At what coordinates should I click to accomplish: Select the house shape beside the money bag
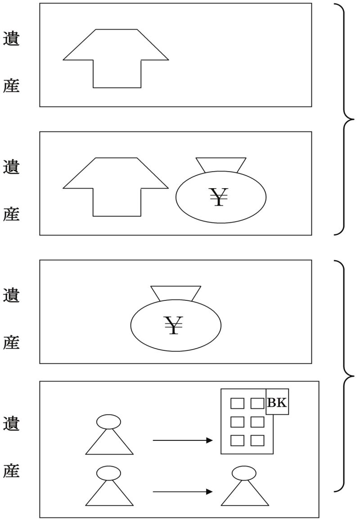tap(116, 187)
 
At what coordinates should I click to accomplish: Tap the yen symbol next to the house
tap(219, 197)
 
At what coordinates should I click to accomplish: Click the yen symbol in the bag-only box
tap(173, 325)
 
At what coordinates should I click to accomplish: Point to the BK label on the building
tap(277, 402)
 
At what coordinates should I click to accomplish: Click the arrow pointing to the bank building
tap(183, 440)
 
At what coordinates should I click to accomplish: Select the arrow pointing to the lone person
tap(183, 492)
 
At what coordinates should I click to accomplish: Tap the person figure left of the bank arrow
tap(109, 435)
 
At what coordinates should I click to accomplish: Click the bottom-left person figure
tap(109, 486)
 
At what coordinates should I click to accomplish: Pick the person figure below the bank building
tap(245, 486)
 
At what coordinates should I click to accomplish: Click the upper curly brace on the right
tap(344, 119)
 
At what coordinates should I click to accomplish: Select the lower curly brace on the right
tap(344, 376)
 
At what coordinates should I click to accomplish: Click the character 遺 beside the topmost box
tap(11, 39)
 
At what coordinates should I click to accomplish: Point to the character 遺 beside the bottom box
tap(11, 423)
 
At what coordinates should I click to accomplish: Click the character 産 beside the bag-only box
tap(11, 342)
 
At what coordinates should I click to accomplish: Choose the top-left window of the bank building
tap(237, 403)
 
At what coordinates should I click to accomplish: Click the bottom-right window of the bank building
tap(257, 440)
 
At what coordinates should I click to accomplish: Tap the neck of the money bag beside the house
tap(221, 165)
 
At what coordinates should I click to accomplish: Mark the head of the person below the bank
tap(244, 473)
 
